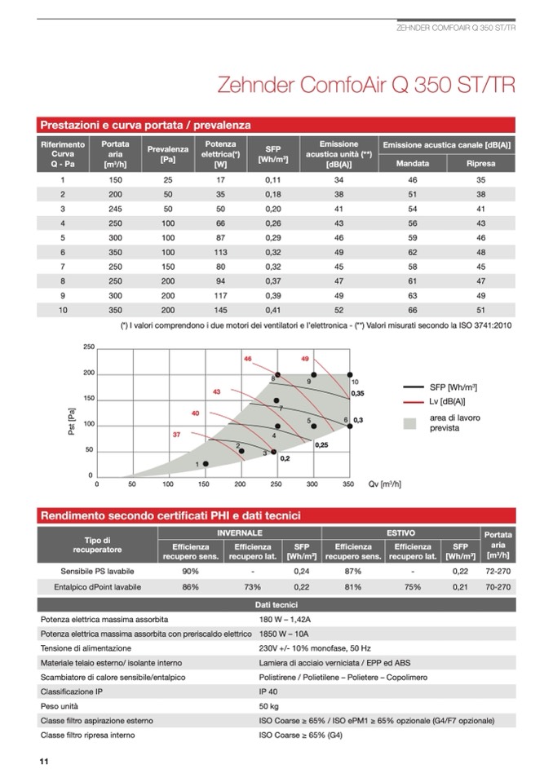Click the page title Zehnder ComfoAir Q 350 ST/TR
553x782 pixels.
(x=366, y=86)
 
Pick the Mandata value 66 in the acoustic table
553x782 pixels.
(x=413, y=310)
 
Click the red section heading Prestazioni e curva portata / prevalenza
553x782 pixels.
(x=145, y=126)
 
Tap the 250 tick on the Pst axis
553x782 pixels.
(x=89, y=347)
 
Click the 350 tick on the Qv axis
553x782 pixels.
(x=347, y=484)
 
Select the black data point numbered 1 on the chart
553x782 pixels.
(x=206, y=463)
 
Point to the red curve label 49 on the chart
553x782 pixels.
(x=305, y=359)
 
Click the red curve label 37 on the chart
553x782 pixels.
(x=176, y=435)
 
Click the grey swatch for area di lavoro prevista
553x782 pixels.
(x=411, y=423)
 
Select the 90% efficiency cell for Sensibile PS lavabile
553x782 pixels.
(x=191, y=570)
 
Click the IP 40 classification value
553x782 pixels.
(x=268, y=691)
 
